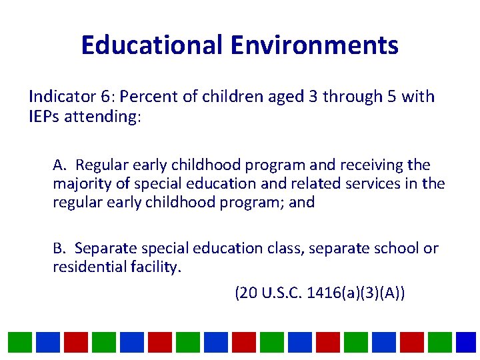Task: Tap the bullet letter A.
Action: [59, 165]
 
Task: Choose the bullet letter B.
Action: [59, 249]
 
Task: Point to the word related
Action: [316, 183]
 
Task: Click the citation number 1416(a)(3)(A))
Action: [356, 293]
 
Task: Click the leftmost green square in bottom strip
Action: [19, 342]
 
